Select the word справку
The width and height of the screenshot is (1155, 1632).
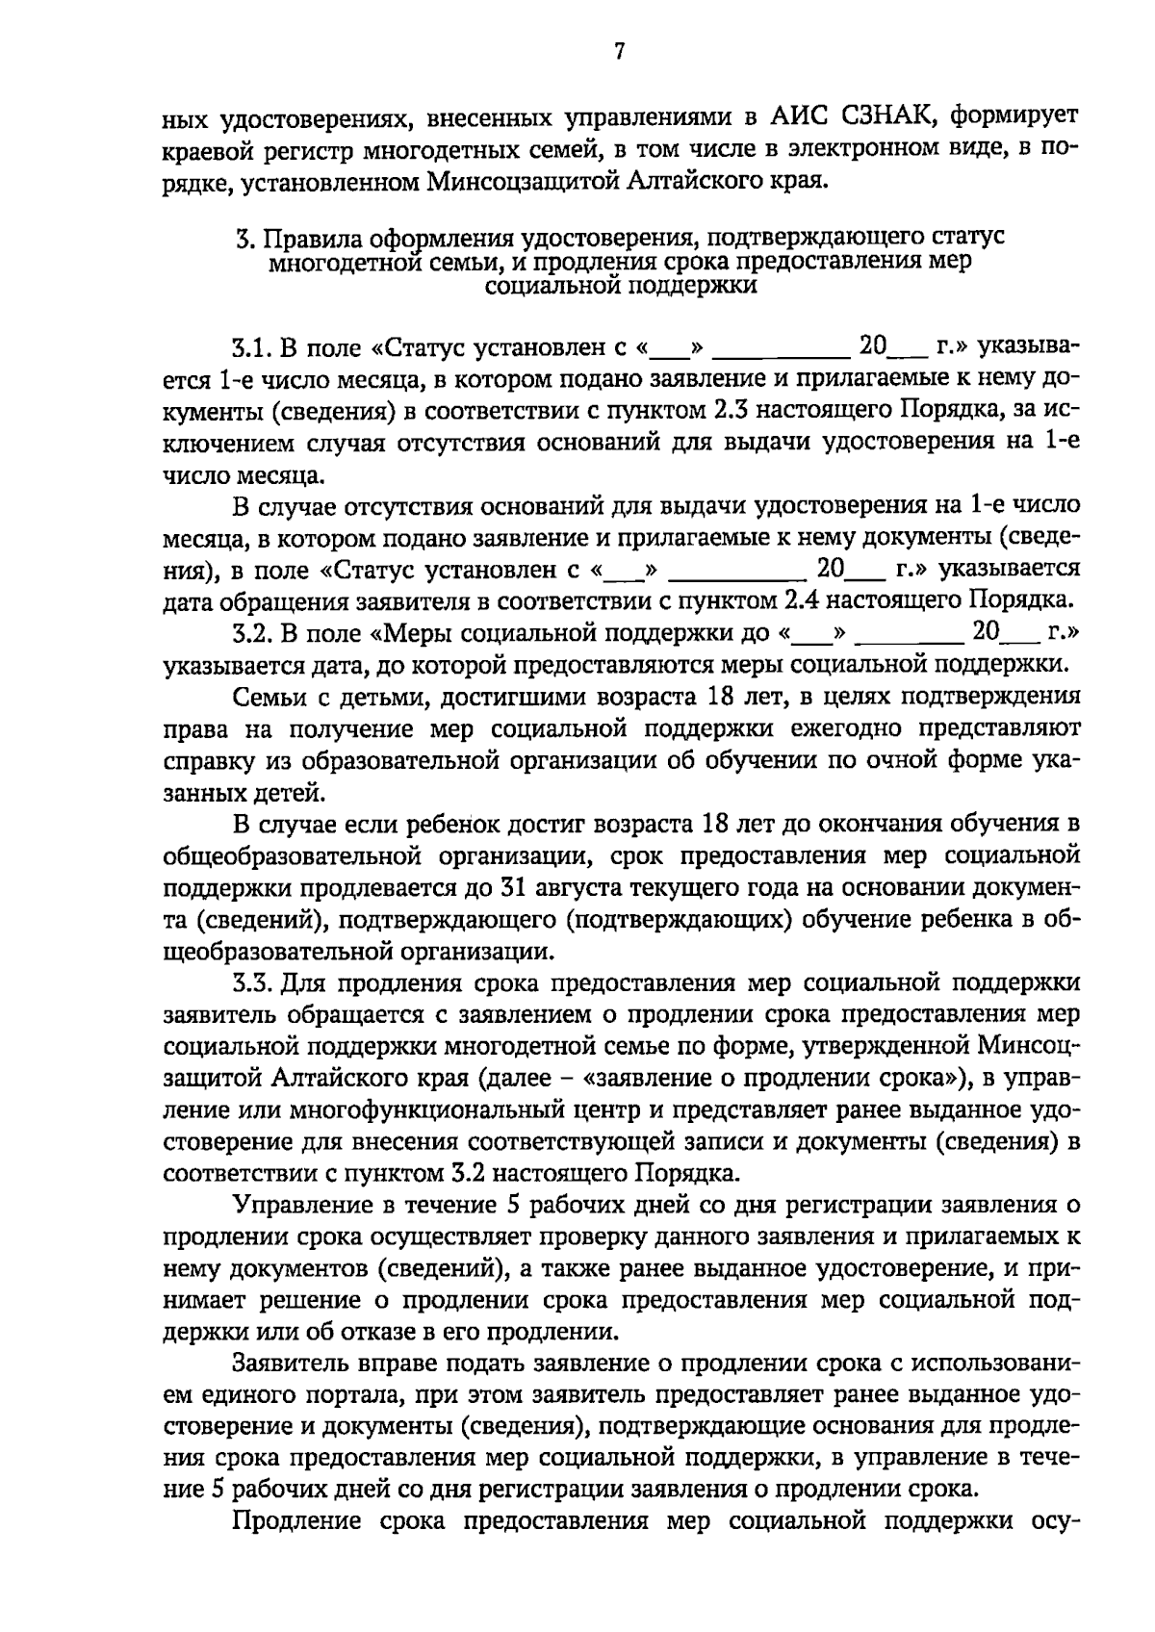209,760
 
